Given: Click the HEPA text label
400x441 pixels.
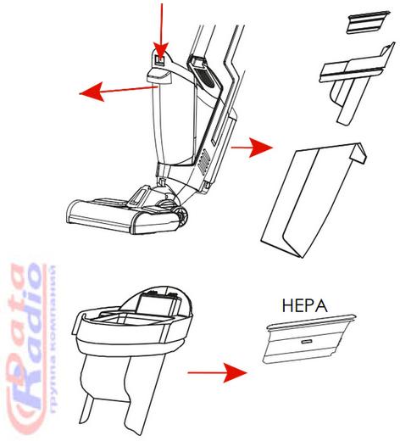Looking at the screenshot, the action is (x=304, y=306).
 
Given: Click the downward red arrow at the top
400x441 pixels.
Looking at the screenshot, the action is (x=161, y=31).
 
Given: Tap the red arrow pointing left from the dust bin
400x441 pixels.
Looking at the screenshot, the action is (x=119, y=91).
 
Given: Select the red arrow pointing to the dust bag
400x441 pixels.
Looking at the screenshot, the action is (x=252, y=148).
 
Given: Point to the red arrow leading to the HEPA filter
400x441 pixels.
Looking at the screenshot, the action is (x=218, y=373).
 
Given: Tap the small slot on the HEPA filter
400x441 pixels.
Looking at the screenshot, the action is (x=307, y=342).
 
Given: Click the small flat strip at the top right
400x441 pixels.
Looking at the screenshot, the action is (x=369, y=22).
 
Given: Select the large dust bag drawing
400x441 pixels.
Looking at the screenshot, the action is (x=314, y=200).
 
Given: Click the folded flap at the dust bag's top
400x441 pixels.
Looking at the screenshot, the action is (x=358, y=154).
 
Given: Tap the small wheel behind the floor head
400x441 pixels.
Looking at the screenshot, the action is (x=181, y=215).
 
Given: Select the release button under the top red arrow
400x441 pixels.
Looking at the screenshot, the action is (x=160, y=60).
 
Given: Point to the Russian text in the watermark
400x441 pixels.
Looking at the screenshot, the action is (x=53, y=339).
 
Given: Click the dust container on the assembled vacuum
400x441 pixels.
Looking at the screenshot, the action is (x=173, y=125).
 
